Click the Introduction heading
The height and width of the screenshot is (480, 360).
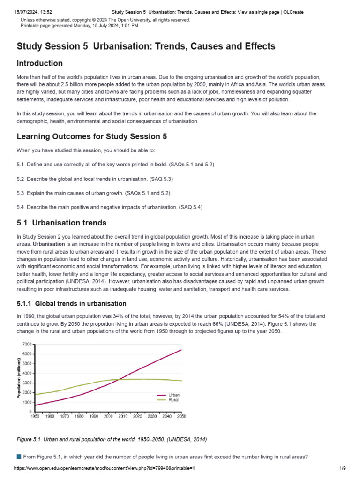[40, 63]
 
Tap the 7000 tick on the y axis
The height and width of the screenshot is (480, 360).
[26, 344]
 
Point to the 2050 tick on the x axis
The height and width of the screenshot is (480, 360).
[181, 416]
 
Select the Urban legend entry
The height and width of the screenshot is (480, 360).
[173, 395]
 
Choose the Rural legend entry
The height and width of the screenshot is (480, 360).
[173, 400]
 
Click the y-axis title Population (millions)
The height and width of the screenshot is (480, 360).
[19, 378]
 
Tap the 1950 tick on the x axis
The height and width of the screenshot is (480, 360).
[35, 416]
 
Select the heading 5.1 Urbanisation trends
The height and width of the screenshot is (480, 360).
[61, 223]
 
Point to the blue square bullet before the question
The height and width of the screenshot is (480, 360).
[19, 457]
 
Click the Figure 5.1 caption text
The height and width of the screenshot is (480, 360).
[111, 439]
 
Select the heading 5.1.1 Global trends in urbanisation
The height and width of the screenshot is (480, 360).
[71, 304]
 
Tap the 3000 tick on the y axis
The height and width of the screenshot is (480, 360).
[26, 383]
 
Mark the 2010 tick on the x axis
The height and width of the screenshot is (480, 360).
[123, 416]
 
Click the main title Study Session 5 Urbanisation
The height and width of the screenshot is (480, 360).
[146, 46]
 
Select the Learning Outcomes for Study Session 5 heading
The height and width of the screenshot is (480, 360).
[91, 136]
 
